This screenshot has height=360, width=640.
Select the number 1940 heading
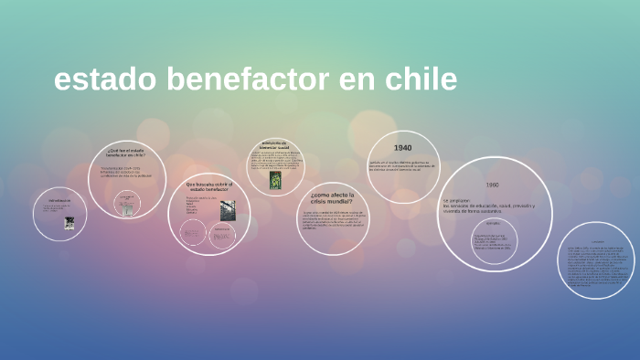pos(403,148)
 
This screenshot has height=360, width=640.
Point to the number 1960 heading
pos(493,184)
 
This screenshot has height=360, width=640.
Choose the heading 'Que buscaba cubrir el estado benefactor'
pos(209,187)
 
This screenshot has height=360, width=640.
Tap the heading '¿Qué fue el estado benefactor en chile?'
pos(126,153)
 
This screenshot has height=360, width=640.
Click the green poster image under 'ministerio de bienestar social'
pos(275,181)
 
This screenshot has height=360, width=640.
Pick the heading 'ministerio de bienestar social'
pos(274,145)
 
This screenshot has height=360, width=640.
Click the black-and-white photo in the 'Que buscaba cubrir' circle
pos(227,209)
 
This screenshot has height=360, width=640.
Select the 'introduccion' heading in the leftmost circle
pos(59,200)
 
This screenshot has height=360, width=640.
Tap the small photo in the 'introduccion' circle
pos(69,222)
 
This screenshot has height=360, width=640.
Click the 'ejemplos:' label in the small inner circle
pos(493,223)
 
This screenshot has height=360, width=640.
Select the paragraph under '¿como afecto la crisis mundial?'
pos(332,220)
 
